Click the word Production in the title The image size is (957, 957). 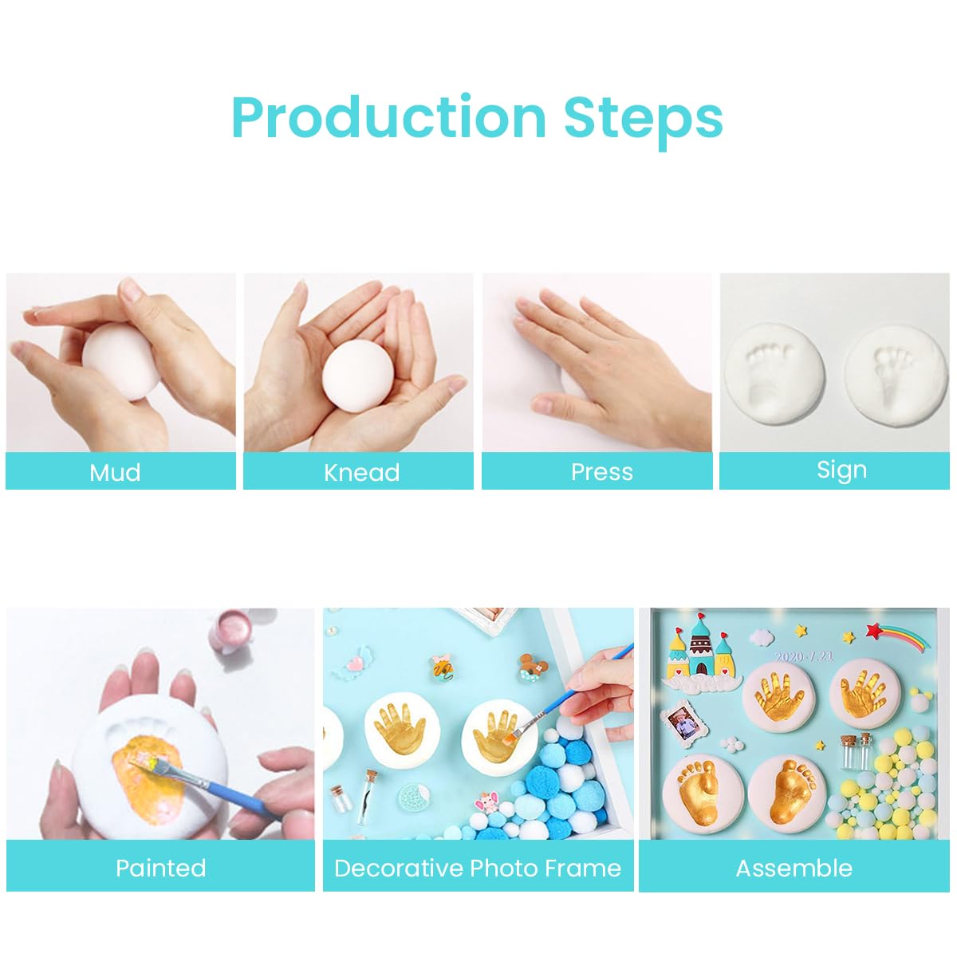click(x=388, y=117)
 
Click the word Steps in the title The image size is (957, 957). click(x=643, y=117)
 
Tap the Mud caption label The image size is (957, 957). click(x=115, y=472)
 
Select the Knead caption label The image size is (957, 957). click(x=361, y=472)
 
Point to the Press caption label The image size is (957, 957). click(x=601, y=472)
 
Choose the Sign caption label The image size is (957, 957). click(x=841, y=470)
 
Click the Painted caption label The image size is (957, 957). click(x=160, y=868)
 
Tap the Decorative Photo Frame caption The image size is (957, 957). click(x=478, y=868)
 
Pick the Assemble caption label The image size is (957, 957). click(x=794, y=868)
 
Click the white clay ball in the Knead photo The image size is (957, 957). click(x=358, y=377)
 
